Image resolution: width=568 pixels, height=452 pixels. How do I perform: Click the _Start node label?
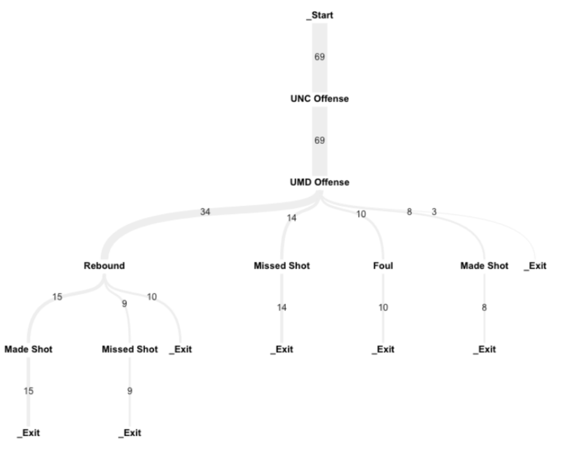[x=319, y=15]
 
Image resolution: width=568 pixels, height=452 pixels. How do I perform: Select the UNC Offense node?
[x=319, y=99]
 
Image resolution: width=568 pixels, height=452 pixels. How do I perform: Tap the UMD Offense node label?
[x=319, y=182]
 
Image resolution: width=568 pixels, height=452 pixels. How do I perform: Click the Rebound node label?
[x=104, y=266]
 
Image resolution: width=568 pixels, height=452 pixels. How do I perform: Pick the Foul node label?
[x=383, y=266]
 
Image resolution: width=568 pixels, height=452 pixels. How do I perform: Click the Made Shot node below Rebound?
[x=28, y=349]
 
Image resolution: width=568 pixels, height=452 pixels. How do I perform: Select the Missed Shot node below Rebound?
[x=129, y=349]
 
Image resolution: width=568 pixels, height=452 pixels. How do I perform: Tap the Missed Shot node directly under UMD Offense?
[x=282, y=266]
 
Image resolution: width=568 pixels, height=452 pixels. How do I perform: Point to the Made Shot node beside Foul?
[x=485, y=266]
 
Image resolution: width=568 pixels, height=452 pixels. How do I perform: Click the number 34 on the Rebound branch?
[x=205, y=212]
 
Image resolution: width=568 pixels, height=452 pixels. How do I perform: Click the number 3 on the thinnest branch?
[x=434, y=212]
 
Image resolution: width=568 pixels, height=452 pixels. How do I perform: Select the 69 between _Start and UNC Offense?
[x=319, y=57]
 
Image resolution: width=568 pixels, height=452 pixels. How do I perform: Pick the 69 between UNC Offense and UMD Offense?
[x=319, y=140]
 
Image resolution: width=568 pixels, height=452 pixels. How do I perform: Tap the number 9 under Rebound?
[x=124, y=304]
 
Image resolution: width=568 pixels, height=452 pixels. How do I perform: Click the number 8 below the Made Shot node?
[x=485, y=307]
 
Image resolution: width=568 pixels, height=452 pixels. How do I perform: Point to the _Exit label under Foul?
[x=383, y=349]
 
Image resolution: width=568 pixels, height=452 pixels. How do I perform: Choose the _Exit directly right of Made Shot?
[x=535, y=266]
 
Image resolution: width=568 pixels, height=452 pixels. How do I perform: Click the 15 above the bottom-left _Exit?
[x=28, y=391]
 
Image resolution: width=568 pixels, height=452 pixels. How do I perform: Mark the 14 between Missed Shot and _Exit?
[x=282, y=307]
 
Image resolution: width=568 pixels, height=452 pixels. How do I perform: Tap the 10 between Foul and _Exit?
[x=383, y=307]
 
